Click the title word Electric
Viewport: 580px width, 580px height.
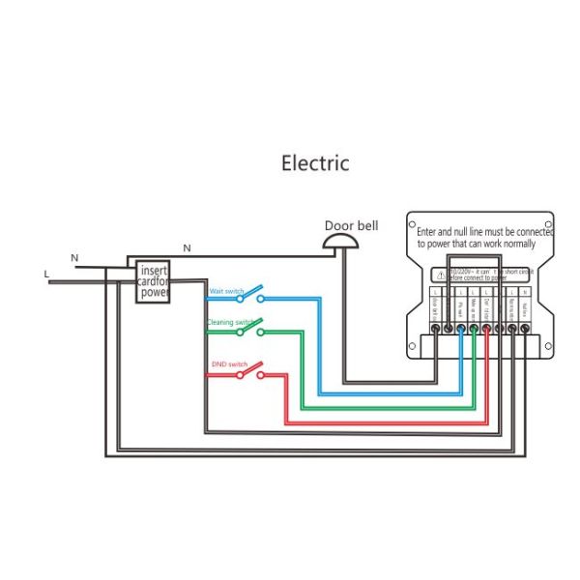(x=315, y=162)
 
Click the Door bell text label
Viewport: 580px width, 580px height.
(x=351, y=225)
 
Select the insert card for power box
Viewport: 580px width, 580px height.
(x=154, y=281)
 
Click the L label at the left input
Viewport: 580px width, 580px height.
(x=45, y=275)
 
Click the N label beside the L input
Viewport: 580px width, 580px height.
(x=73, y=257)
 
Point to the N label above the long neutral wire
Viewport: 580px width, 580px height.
(x=187, y=248)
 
